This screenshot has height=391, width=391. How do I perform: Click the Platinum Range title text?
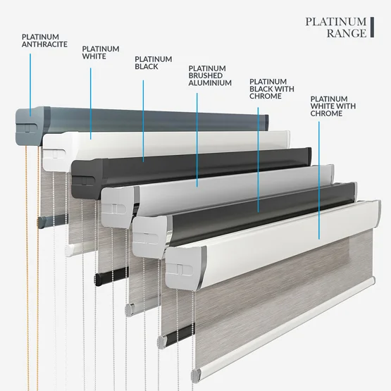pyautogui.click(x=336, y=27)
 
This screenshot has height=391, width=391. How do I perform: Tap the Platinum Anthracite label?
pyautogui.click(x=44, y=41)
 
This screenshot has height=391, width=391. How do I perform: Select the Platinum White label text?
pyautogui.click(x=101, y=52)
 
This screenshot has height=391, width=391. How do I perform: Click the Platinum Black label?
pyautogui.click(x=154, y=63)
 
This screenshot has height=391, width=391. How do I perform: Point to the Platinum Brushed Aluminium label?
pyautogui.click(x=210, y=75)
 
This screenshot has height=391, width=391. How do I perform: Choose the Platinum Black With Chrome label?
pyautogui.click(x=272, y=89)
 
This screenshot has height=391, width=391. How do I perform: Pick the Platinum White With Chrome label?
pyautogui.click(x=333, y=106)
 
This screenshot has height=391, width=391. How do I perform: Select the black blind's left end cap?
pyautogui.click(x=87, y=178)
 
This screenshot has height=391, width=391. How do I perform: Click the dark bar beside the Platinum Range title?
pyautogui.click(x=372, y=27)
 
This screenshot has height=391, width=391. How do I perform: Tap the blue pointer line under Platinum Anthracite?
pyautogui.click(x=30, y=85)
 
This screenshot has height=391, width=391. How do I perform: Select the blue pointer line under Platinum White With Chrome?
pyautogui.click(x=319, y=180)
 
